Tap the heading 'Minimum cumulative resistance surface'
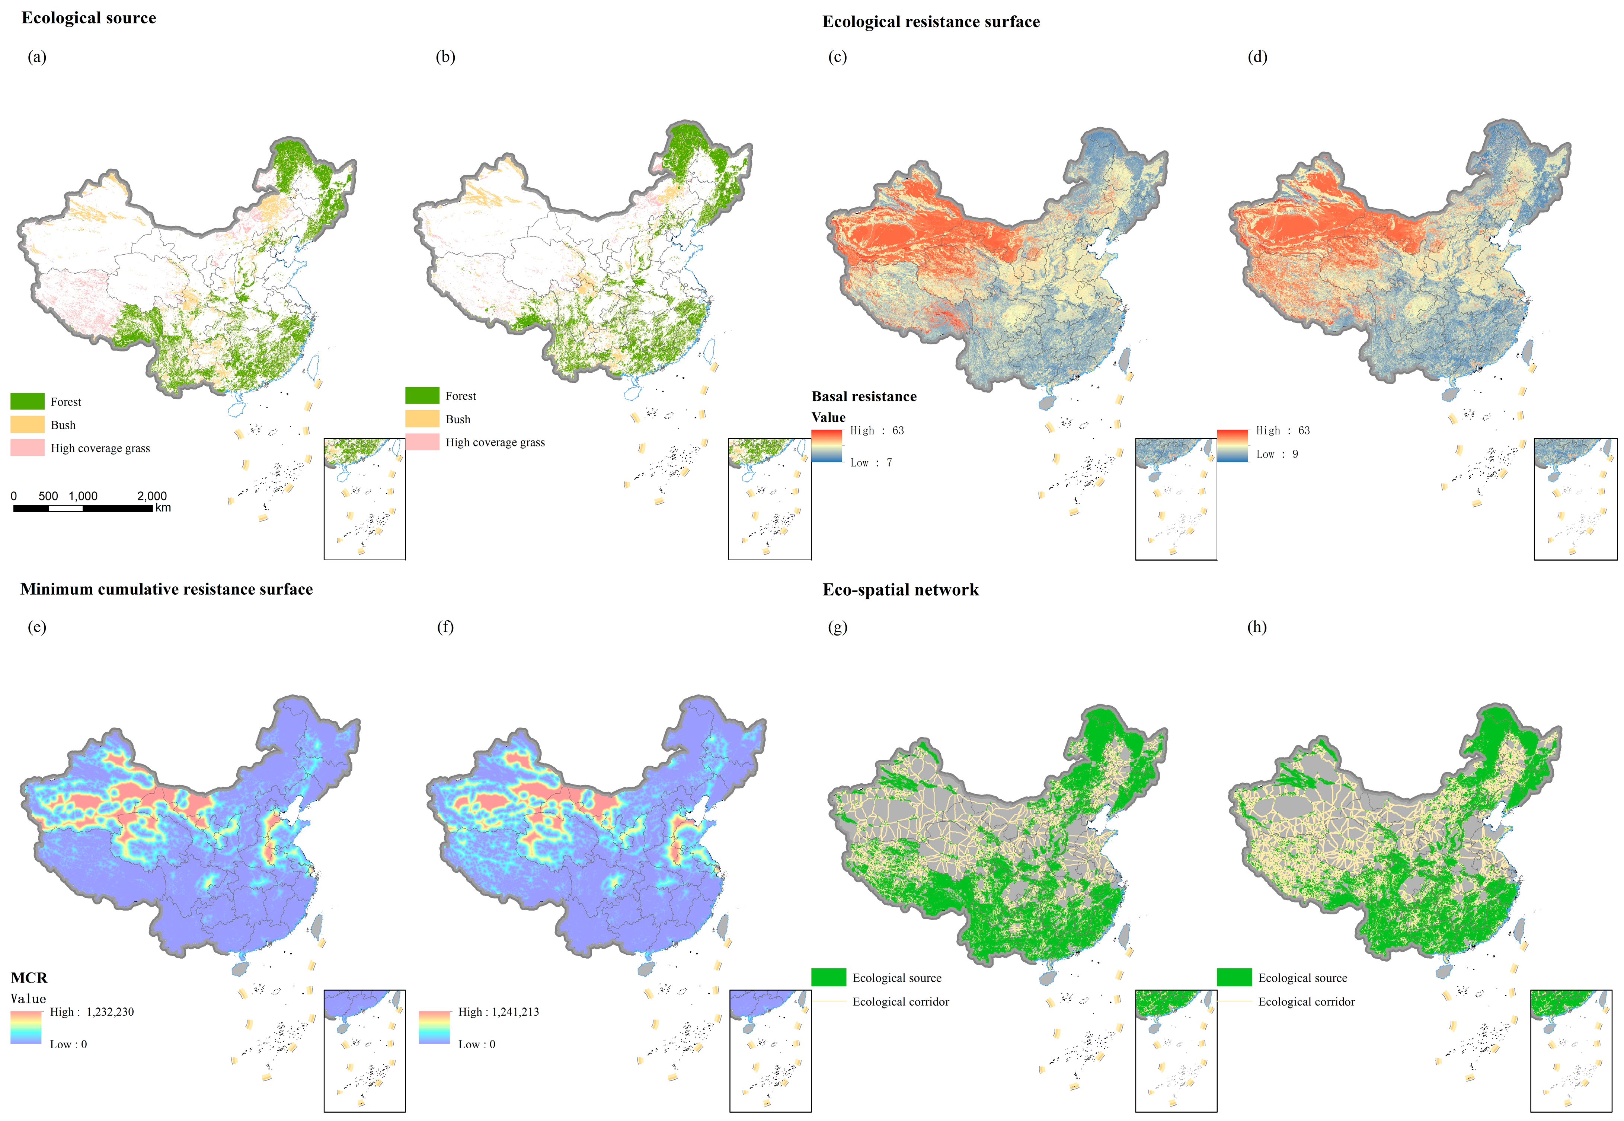(166, 589)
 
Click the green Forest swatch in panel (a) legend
(28, 401)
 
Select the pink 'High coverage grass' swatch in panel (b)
(422, 442)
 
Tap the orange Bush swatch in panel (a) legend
(28, 424)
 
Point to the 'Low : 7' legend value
(871, 462)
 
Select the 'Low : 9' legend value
(1276, 454)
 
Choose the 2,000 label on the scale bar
(152, 496)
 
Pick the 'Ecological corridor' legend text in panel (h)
(1306, 1001)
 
